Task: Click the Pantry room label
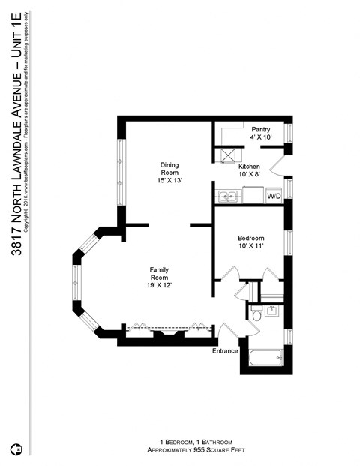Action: [261, 128]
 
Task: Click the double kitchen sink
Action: [226, 197]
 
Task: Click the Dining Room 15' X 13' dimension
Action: [169, 181]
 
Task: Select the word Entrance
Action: [225, 351]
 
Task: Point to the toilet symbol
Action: [255, 316]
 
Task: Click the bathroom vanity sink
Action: [271, 311]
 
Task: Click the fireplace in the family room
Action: [165, 333]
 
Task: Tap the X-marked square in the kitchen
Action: [224, 155]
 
